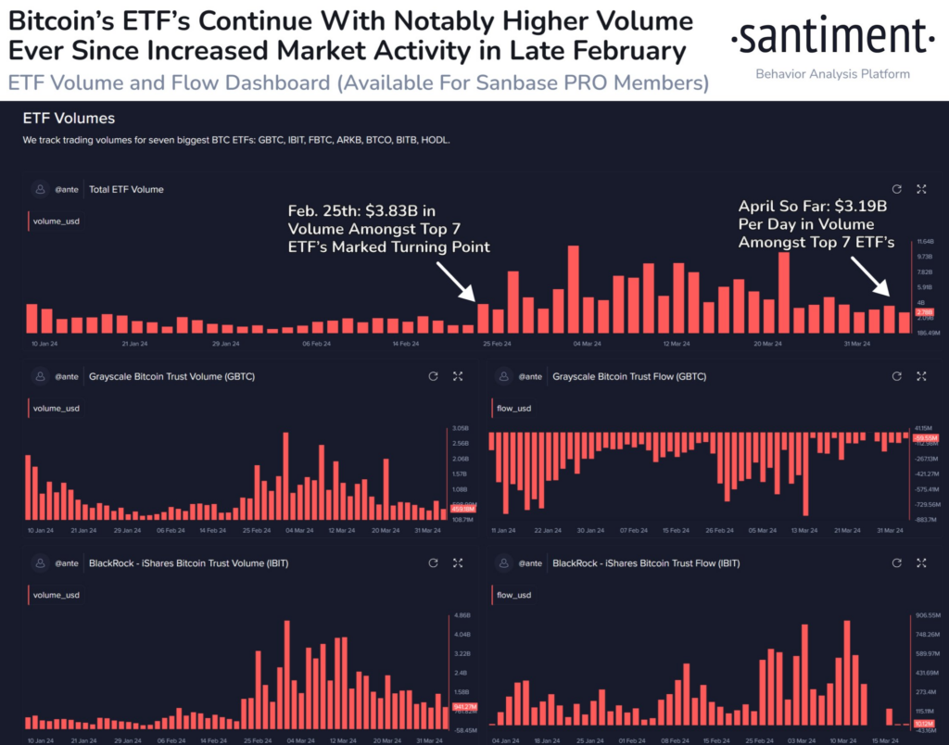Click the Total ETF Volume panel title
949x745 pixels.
126,189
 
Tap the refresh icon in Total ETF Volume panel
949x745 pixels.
896,189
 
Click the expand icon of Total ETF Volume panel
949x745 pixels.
921,189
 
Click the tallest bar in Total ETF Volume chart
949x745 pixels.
574,289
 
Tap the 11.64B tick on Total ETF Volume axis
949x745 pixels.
925,241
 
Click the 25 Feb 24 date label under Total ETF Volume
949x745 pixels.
497,344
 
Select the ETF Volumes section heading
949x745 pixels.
70,119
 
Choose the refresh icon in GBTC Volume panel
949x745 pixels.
433,377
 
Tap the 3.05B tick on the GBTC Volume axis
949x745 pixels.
461,430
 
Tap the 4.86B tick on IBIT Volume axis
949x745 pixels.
461,615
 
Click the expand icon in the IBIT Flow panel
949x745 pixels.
921,562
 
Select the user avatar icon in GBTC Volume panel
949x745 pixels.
40,377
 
